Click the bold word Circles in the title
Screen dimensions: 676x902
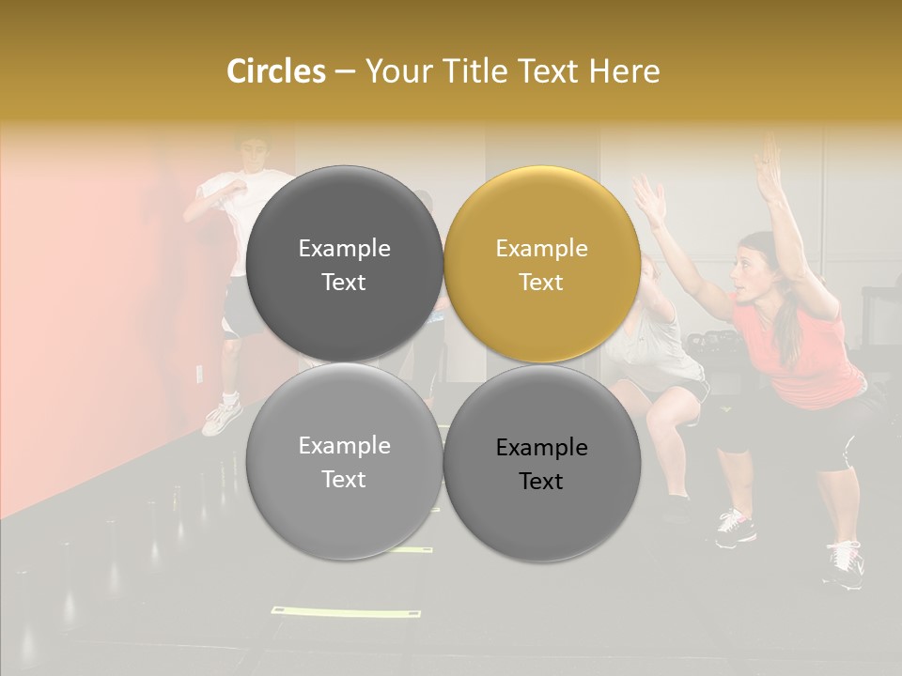click(x=275, y=71)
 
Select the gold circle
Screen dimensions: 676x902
click(x=542, y=265)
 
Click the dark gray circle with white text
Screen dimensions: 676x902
click(x=345, y=265)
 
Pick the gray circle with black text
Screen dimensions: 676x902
click(x=542, y=463)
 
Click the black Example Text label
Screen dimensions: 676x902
click(x=541, y=464)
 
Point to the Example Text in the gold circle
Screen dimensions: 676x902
click(x=541, y=265)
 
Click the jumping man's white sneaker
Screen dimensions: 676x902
click(x=222, y=417)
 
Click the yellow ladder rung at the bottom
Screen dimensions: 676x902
click(x=346, y=613)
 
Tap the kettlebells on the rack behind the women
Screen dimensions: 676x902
click(x=700, y=338)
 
